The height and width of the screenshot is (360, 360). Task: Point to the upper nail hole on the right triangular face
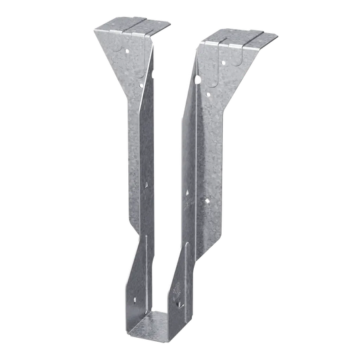[x=223, y=62]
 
